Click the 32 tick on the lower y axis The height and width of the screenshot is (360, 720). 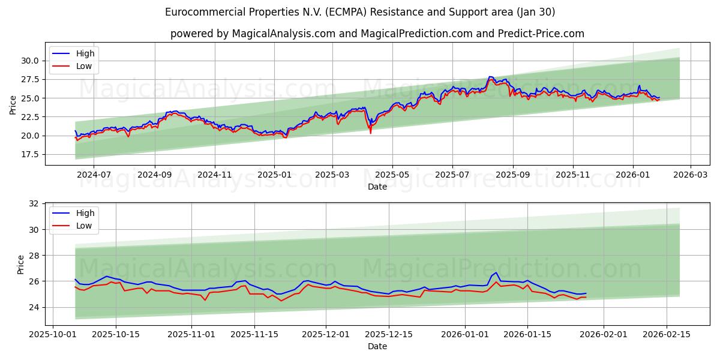click(x=33, y=204)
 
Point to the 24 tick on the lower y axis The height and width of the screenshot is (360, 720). click(x=33, y=307)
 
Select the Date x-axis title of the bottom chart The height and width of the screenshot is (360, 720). click(x=377, y=346)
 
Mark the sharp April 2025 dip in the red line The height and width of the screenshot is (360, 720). click(x=370, y=133)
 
